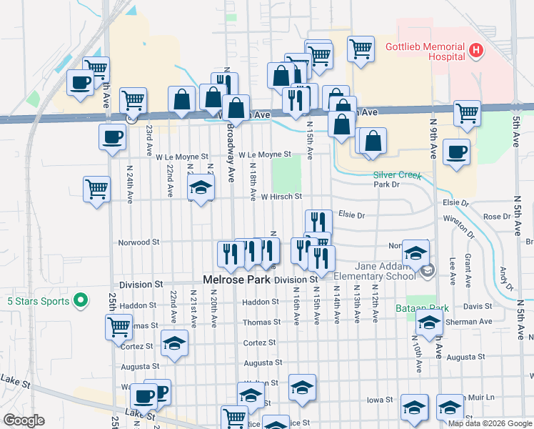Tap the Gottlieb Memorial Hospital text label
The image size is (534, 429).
pos(425,51)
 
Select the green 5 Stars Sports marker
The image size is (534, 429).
pos(81,301)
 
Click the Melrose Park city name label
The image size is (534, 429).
pos(237,280)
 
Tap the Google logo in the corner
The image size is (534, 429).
pos(24,420)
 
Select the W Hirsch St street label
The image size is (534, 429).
pos(281,197)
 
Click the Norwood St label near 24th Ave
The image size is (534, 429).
pos(138,242)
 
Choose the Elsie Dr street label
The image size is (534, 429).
pos(351,214)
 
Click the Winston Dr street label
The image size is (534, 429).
pos(458,225)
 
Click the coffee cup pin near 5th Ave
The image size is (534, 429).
pos(456,152)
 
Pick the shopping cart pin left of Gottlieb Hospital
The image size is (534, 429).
pos(361,48)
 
